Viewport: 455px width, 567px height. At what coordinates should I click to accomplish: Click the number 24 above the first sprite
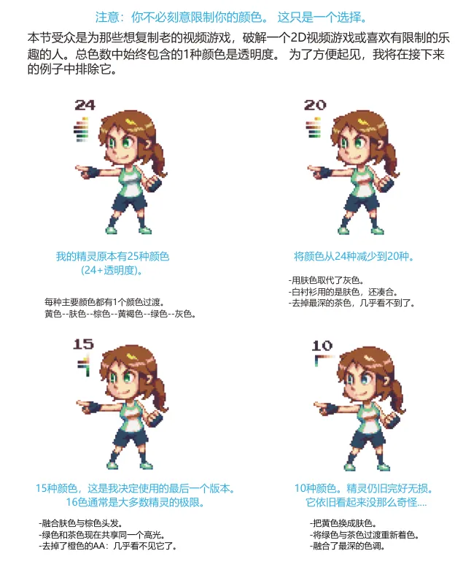tap(85, 105)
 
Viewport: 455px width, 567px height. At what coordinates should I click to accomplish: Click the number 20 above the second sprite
tap(315, 105)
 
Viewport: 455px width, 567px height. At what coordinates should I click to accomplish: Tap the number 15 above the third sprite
tap(83, 344)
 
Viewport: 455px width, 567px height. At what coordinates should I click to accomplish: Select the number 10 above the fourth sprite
tap(322, 346)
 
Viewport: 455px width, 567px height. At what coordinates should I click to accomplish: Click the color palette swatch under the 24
tap(82, 129)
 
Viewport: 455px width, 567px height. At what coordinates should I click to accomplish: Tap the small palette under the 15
tap(84, 366)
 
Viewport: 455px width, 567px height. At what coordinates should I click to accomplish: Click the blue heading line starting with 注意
tap(231, 17)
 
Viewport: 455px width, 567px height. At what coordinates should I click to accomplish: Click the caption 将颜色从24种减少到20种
tap(354, 256)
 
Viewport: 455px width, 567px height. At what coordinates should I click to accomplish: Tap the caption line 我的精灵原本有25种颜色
tap(112, 256)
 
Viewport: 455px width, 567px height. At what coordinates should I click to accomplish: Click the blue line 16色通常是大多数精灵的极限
tap(135, 502)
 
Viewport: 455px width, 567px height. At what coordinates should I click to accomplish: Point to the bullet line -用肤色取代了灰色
tap(326, 280)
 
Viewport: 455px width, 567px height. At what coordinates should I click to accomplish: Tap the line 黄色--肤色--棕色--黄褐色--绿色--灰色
tap(120, 314)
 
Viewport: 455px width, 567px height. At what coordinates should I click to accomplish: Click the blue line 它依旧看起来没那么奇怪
tap(366, 502)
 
